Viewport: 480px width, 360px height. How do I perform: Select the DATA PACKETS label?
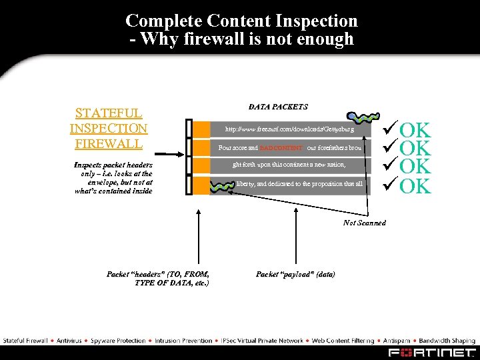[x=278, y=107]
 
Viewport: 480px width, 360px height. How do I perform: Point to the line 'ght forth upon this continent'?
[x=289, y=164]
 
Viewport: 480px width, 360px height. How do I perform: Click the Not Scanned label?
[x=364, y=223]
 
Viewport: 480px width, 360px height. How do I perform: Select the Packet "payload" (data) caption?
[x=295, y=274]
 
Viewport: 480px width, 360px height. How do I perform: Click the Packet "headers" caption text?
[x=159, y=278]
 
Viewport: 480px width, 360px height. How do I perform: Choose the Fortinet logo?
[x=433, y=352]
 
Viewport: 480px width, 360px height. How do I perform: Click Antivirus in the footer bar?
[x=69, y=341]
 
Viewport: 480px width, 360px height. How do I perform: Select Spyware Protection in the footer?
[x=119, y=341]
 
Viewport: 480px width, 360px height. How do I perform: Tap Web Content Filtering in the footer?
[x=343, y=341]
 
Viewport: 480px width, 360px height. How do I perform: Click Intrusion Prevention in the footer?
[x=184, y=341]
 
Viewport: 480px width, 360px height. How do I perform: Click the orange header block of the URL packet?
[x=201, y=129]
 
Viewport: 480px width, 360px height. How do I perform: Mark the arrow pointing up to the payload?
[x=233, y=227]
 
